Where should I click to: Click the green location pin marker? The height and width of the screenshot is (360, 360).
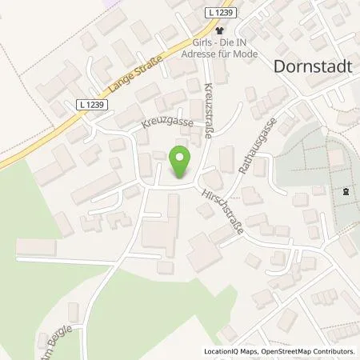pos(181,163)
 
